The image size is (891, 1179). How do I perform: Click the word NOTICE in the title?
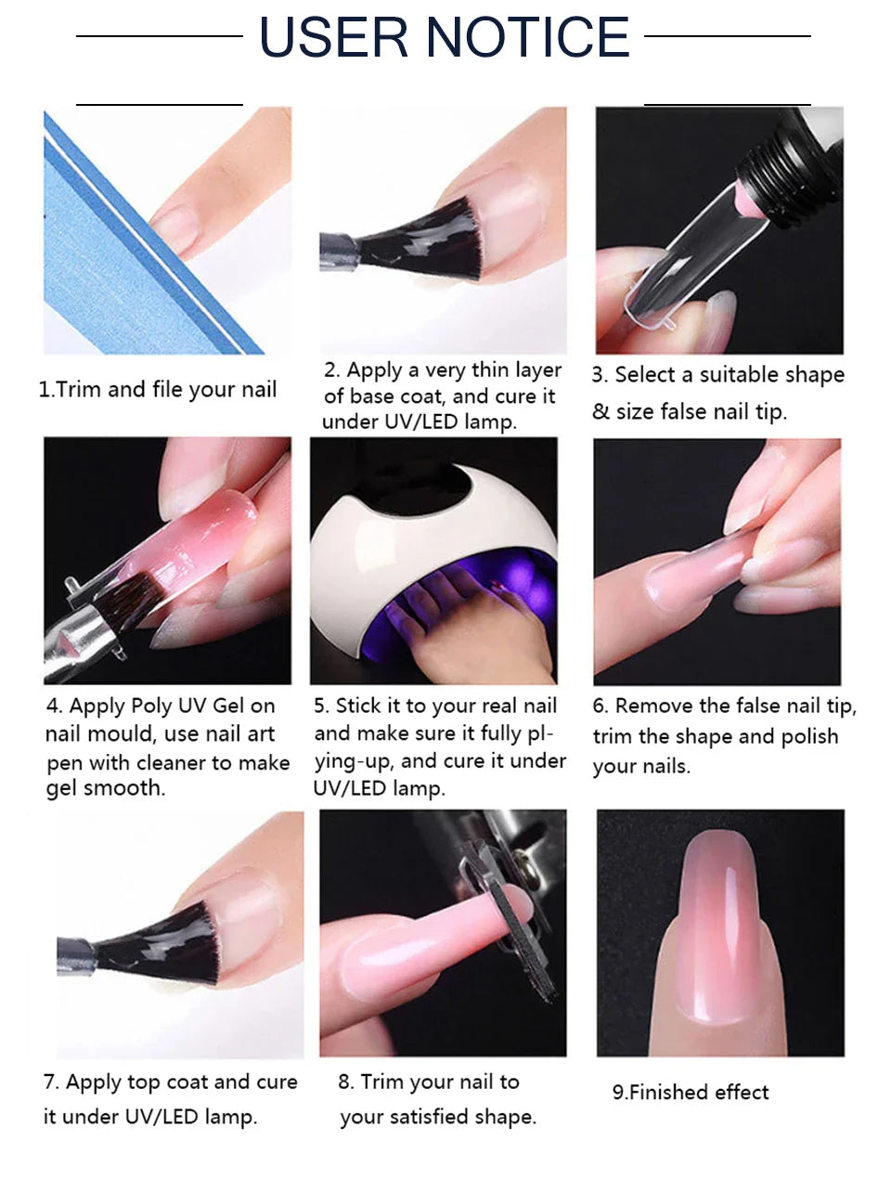[x=528, y=37]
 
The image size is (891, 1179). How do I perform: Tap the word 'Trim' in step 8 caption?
[x=381, y=1082]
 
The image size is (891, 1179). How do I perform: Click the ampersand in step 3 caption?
[x=600, y=411]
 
